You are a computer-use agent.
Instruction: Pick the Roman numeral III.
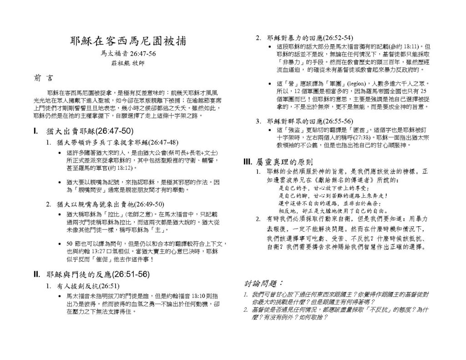click(x=248, y=162)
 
